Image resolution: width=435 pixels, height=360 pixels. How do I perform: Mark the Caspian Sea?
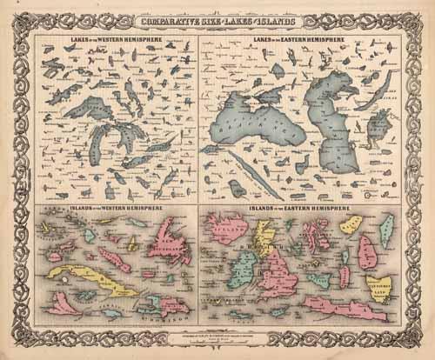tap(335, 130)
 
